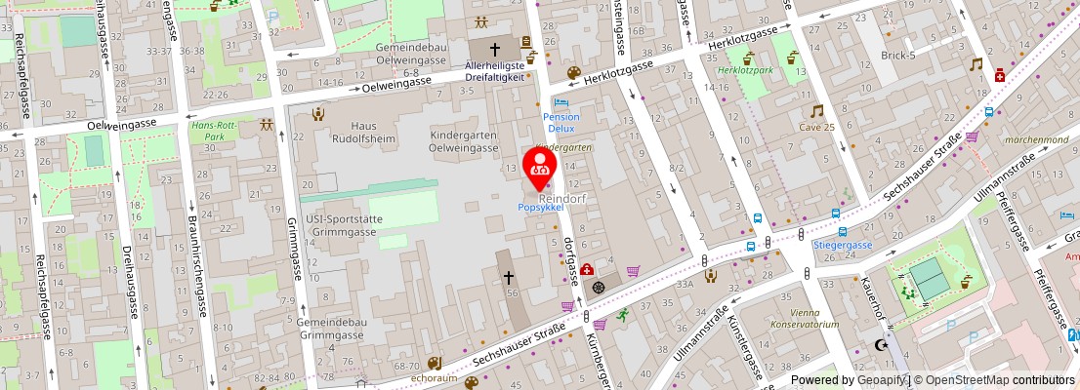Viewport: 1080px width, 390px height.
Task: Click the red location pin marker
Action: pyautogui.click(x=539, y=167)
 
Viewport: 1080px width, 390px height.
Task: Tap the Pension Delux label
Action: pyautogui.click(x=561, y=123)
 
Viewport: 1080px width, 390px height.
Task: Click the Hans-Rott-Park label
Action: pyautogui.click(x=214, y=132)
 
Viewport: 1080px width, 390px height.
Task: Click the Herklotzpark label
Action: pyautogui.click(x=744, y=71)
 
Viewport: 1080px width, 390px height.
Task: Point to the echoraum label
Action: pyautogui.click(x=435, y=376)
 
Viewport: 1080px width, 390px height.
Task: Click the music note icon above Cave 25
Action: pyautogui.click(x=816, y=111)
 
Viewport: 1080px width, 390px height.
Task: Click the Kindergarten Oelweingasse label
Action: pyautogui.click(x=465, y=141)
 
